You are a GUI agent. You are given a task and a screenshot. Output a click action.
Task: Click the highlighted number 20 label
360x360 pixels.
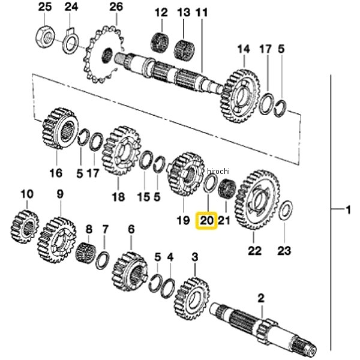pos(206,221)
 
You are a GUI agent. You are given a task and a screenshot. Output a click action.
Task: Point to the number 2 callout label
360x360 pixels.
pos(261,298)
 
